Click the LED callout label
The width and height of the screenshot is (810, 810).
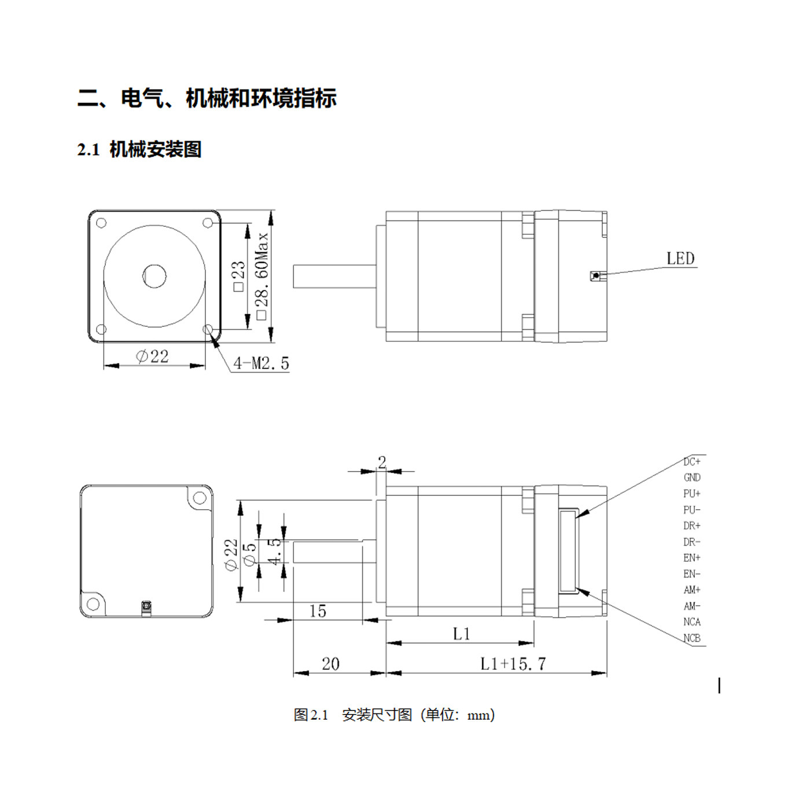pos(680,258)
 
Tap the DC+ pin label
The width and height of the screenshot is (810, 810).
pos(692,462)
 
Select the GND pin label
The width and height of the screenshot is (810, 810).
pos(692,477)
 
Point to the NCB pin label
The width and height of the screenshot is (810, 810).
pos(692,638)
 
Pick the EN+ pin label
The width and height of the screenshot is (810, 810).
pos(692,558)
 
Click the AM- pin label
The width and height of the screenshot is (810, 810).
pos(692,606)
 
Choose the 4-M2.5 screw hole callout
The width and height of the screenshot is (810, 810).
pos(261,363)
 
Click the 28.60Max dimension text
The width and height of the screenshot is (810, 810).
pos(262,276)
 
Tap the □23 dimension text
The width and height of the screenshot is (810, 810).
pos(238,275)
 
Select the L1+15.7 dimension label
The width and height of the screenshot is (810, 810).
pos(513,664)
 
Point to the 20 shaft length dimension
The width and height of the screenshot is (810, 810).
pos(330,664)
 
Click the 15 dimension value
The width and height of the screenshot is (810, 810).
pos(318,611)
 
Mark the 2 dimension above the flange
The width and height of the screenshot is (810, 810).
pos(382,462)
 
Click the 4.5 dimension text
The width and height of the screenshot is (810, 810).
pos(274,551)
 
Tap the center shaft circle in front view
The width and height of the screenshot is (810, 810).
pos(154,276)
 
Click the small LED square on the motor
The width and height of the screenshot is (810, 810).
pos(595,276)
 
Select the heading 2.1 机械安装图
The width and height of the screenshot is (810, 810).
pos(139,149)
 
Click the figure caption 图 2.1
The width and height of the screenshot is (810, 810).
pos(311,715)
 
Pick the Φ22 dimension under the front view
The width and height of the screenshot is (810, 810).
pos(152,356)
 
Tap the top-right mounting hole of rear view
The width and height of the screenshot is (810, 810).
pos(199,499)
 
